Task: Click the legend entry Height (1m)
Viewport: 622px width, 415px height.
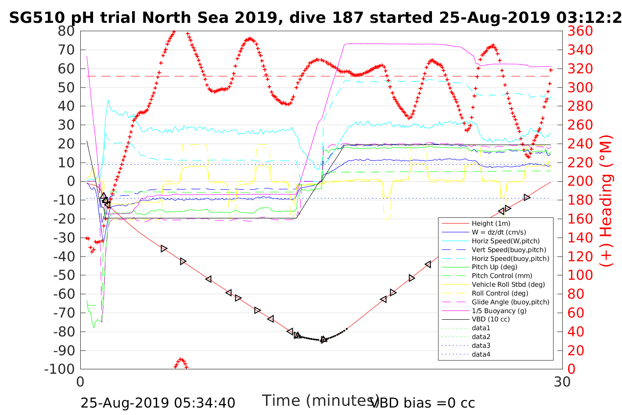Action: tap(491, 224)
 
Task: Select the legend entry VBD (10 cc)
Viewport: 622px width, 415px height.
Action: tap(491, 319)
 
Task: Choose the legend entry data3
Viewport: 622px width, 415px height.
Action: tap(481, 346)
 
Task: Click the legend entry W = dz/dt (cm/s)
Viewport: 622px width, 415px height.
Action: tap(499, 232)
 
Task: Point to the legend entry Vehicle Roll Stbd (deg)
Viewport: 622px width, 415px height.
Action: tap(508, 285)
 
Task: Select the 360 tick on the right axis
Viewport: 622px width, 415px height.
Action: tap(580, 31)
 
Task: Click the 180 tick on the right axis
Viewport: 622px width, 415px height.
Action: tap(580, 200)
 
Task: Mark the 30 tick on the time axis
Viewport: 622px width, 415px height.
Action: tap(562, 382)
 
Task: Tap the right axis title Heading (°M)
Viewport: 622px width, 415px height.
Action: tap(606, 220)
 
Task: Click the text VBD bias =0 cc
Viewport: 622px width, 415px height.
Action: tap(423, 403)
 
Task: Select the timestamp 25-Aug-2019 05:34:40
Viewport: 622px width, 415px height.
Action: tap(158, 403)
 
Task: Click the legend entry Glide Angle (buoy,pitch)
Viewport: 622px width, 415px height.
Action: tap(511, 302)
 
